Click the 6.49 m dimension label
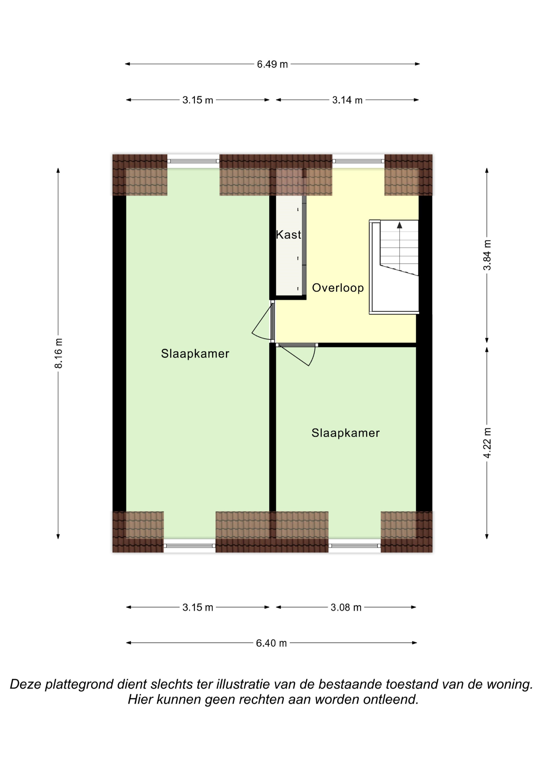(x=272, y=64)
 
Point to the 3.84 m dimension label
(x=487, y=255)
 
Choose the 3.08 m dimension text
(x=346, y=607)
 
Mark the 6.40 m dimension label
(x=271, y=643)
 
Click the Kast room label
(x=289, y=235)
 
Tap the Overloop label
(x=338, y=288)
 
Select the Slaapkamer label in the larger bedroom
(x=195, y=354)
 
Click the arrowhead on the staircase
(x=399, y=225)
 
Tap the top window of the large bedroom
(x=193, y=161)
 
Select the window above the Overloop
(x=358, y=161)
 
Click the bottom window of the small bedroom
(x=354, y=545)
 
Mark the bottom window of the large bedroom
(x=189, y=545)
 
